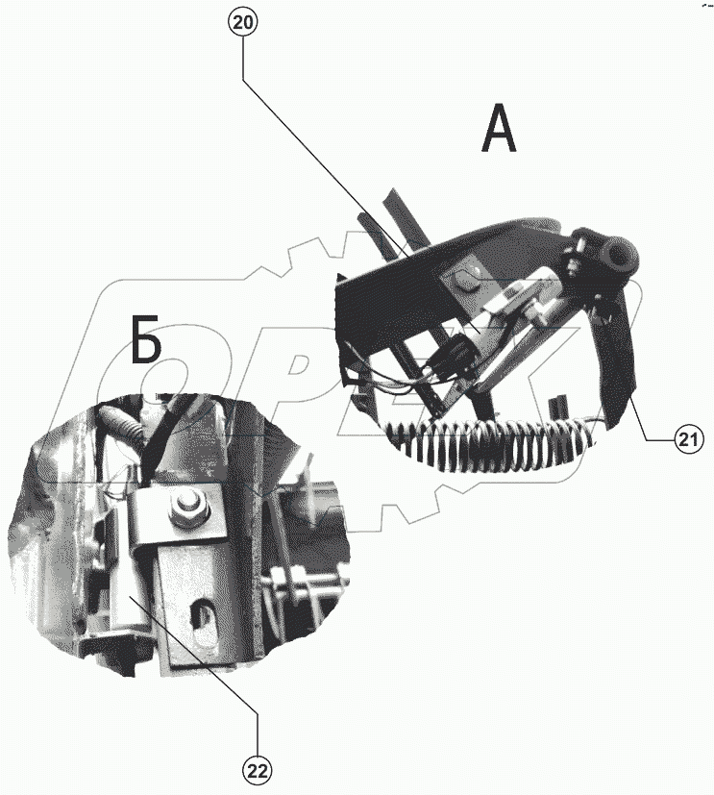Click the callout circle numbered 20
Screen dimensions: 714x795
click(x=243, y=23)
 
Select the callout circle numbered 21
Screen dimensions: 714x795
click(x=689, y=439)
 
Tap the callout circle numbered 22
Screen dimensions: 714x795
click(x=258, y=772)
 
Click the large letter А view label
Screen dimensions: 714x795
click(x=499, y=129)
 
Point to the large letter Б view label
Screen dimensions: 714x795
click(x=146, y=340)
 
